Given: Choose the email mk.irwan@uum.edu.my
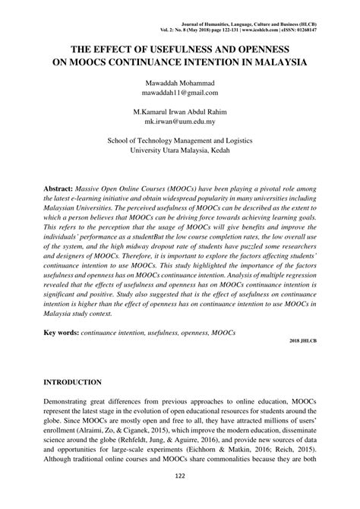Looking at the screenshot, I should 180,120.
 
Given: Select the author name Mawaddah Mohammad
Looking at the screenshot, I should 180,81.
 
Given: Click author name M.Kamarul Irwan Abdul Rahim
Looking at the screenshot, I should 180,109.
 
